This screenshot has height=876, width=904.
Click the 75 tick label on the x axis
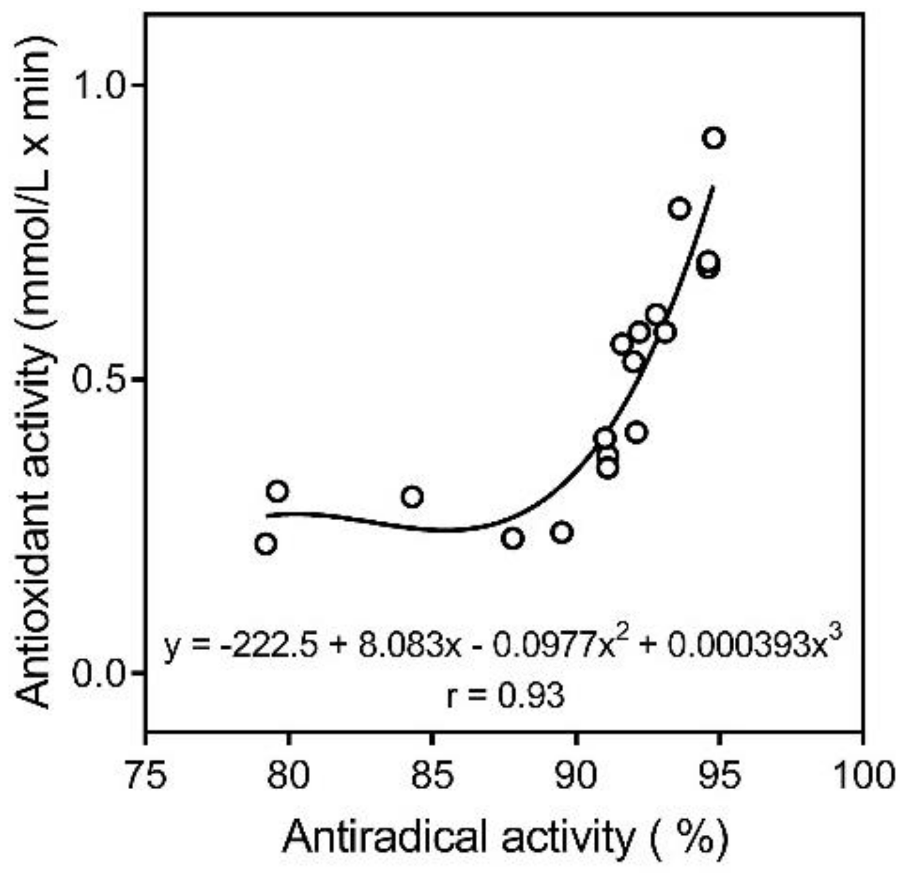pos(146,776)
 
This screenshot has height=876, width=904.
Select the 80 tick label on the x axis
pos(289,776)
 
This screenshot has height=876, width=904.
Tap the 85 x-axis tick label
pos(432,776)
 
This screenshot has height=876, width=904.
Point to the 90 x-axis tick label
pos(576,776)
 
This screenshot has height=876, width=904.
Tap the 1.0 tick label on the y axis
pos(101,86)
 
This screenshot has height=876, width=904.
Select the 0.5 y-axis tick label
pos(101,379)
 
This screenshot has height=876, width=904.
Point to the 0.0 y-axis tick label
pos(101,673)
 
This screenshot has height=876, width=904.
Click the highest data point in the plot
pos(714,138)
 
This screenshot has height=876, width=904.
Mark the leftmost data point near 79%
pos(265,544)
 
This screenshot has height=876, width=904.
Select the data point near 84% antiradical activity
pos(412,497)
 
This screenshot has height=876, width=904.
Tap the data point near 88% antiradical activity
pos(513,539)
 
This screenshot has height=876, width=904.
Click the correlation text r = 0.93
pos(505,696)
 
